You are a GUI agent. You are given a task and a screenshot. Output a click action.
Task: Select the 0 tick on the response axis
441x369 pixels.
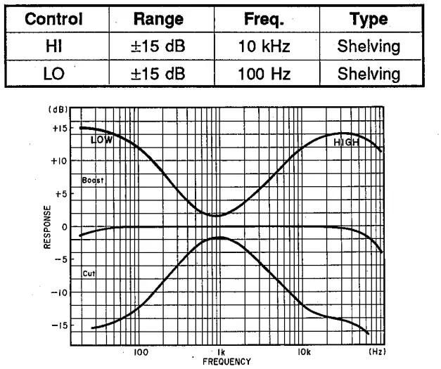(x=63, y=227)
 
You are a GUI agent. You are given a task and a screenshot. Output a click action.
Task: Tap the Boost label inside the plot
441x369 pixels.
(x=92, y=181)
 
